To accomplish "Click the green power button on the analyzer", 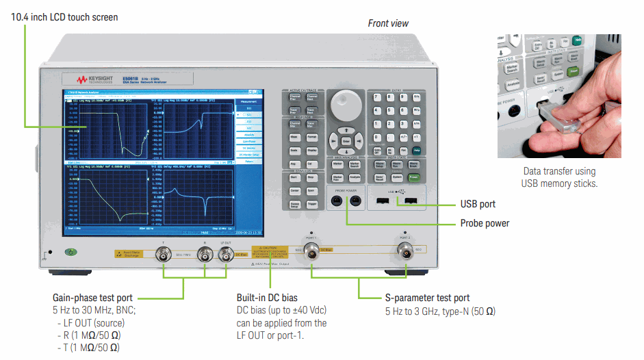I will coord(70,252).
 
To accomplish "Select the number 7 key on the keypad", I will coord(376,98).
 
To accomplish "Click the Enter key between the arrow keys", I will coord(346,141).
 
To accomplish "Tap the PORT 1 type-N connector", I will coord(312,250).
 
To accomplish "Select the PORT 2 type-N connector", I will coord(407,250).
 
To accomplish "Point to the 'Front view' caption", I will coord(388,23).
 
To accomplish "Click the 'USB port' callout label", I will coord(478,204).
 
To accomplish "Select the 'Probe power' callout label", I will coord(485,223).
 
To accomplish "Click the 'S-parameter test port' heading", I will coord(428,298).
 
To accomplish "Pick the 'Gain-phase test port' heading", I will coord(92,298).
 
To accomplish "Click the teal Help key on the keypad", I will coord(416,150).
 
